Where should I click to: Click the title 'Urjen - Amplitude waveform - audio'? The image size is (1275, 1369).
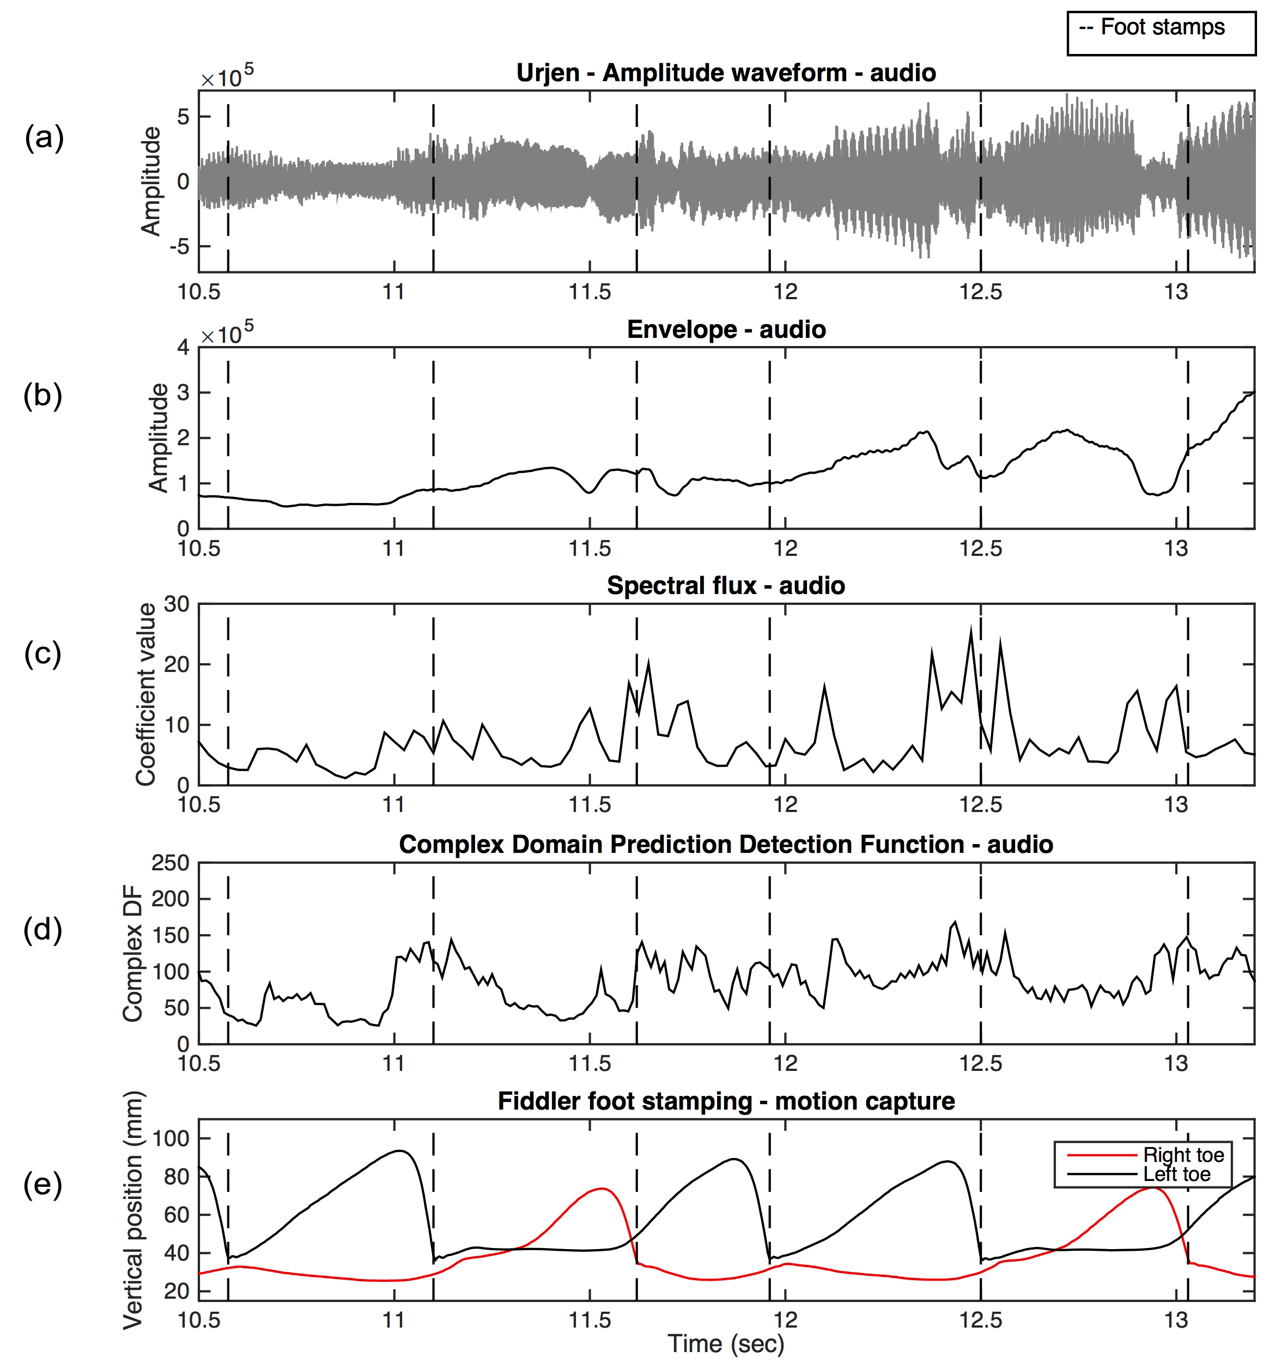coord(726,73)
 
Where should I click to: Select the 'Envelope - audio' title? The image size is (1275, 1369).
coord(726,330)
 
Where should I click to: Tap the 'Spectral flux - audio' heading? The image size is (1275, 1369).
coord(726,586)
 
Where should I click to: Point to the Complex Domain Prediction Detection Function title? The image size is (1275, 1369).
coord(726,844)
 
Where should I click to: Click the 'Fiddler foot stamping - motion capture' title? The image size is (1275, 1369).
coord(726,1101)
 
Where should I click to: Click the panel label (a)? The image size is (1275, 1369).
coord(44,138)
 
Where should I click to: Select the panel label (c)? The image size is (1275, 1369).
coord(42,653)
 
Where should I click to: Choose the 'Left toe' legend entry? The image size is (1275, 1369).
coord(1176,1174)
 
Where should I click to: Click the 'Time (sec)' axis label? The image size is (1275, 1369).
coord(726,1343)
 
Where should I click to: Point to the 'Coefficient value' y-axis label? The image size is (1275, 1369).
coord(146,694)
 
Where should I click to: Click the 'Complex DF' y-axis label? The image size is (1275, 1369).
coord(132,954)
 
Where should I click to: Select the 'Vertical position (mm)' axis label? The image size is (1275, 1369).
coord(133,1210)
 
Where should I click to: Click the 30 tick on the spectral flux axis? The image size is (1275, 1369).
coord(176,604)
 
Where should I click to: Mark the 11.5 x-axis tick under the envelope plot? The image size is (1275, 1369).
coord(590,549)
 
